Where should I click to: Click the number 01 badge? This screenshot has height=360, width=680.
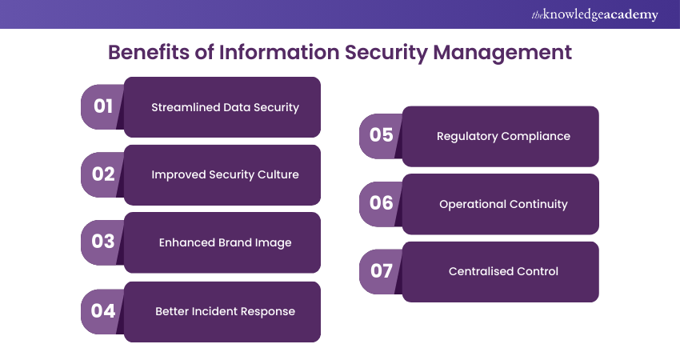point(102,106)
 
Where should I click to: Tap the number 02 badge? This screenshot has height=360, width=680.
point(102,174)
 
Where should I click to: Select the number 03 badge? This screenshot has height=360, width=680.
point(102,242)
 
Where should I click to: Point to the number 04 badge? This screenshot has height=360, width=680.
point(102,311)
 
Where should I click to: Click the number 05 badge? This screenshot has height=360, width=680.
point(381,136)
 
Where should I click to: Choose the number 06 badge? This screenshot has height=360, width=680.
point(381,203)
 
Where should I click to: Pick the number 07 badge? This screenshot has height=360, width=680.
point(381,271)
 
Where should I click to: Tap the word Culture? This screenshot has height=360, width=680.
point(278,174)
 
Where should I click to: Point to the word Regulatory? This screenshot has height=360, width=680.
point(467,137)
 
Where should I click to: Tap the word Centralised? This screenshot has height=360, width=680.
point(475,271)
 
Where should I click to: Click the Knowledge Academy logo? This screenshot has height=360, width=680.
point(594,14)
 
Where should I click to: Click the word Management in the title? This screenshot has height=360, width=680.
point(502,53)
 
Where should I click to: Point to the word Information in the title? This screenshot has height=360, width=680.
point(279,52)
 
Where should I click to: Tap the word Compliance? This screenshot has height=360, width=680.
point(535,137)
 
